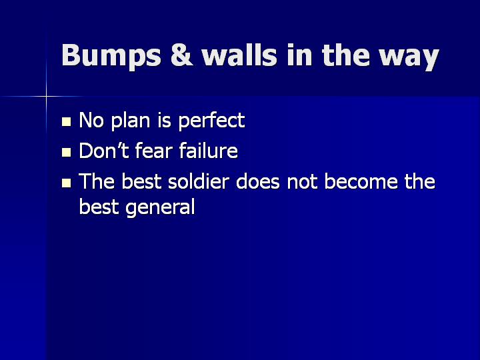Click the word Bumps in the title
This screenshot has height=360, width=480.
[111, 55]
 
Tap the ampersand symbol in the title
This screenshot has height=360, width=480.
[182, 55]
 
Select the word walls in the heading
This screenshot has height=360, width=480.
[239, 55]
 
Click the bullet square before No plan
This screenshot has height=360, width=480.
[67, 122]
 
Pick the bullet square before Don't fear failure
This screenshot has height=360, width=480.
[67, 153]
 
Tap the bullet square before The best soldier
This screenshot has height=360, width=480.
[67, 183]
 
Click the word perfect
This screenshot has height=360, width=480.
[211, 120]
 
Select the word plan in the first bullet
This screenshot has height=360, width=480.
[131, 120]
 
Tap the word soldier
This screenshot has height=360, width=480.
[199, 181]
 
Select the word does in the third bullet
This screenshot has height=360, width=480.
[258, 181]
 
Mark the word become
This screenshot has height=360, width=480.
[361, 181]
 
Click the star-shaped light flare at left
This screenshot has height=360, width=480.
[46, 97]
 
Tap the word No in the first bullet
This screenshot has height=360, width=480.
[91, 120]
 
